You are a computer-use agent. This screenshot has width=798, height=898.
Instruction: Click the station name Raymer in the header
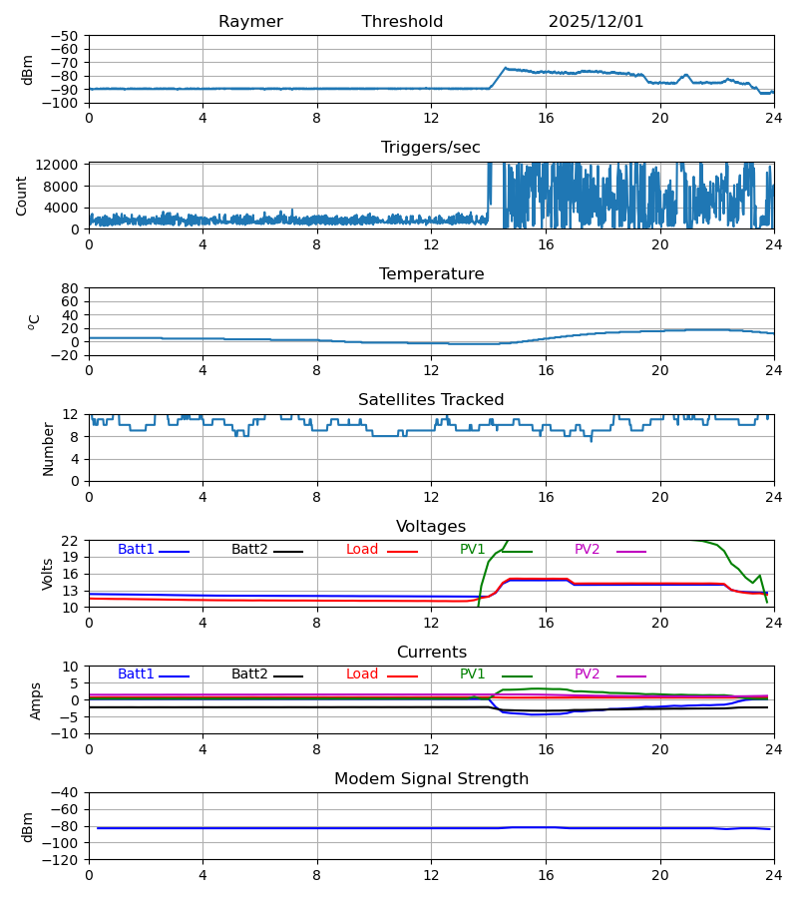click(x=250, y=22)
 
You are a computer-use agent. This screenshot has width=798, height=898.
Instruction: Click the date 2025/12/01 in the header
click(x=596, y=22)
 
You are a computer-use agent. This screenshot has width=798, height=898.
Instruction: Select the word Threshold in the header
click(x=402, y=22)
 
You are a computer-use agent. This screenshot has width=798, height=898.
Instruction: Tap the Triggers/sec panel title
click(x=430, y=148)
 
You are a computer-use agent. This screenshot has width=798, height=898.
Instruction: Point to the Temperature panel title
click(x=431, y=274)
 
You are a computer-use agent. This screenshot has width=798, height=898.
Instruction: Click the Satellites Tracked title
click(x=431, y=400)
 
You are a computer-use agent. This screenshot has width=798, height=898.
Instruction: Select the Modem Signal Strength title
click(x=431, y=779)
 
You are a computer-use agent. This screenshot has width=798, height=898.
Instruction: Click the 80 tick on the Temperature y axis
click(x=70, y=288)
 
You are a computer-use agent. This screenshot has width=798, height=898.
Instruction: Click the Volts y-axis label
click(x=48, y=574)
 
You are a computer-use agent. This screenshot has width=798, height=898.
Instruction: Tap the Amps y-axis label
click(x=37, y=700)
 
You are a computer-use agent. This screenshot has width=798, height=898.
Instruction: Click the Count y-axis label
click(x=22, y=196)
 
